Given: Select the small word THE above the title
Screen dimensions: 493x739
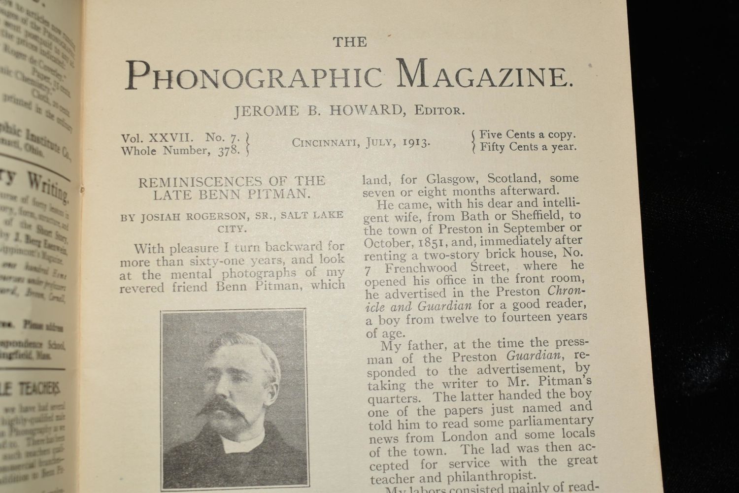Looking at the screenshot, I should pyautogui.click(x=349, y=42).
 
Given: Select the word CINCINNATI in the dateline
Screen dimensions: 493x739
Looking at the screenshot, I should pyautogui.click(x=326, y=143).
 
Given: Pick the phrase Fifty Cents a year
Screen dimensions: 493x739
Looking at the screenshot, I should pyautogui.click(x=528, y=146).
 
